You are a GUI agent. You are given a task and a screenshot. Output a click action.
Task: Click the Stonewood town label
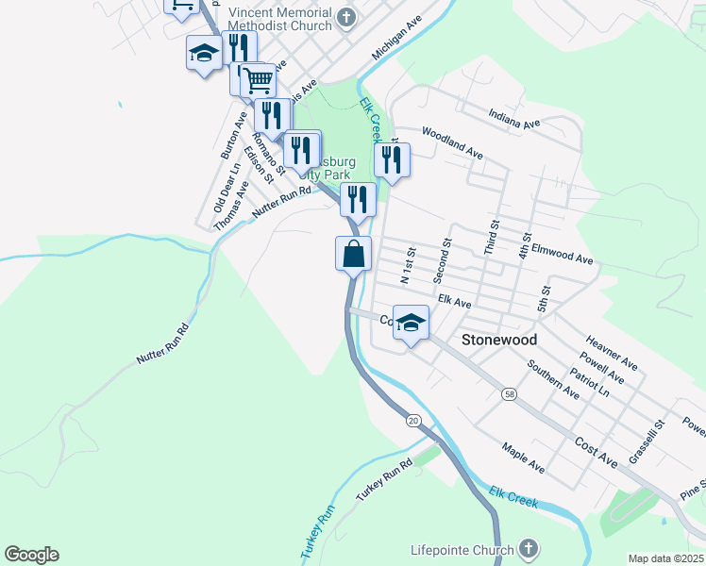point(499,340)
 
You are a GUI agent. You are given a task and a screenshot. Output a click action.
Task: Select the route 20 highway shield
point(413,419)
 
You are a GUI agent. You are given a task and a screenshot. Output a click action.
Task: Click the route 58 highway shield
point(510,393)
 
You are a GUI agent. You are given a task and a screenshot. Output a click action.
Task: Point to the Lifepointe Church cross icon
point(529,549)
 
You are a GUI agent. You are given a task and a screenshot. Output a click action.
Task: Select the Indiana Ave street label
point(514,118)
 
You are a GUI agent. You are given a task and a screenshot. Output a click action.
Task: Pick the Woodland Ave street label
point(452,142)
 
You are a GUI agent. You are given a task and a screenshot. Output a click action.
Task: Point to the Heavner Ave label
point(612,352)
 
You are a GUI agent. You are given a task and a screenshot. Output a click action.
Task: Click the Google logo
point(31,555)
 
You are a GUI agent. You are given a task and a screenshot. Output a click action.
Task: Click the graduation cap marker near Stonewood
point(411,325)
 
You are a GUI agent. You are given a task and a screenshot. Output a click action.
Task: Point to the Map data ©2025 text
point(666,558)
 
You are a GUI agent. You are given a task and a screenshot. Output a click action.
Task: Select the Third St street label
point(491,235)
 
